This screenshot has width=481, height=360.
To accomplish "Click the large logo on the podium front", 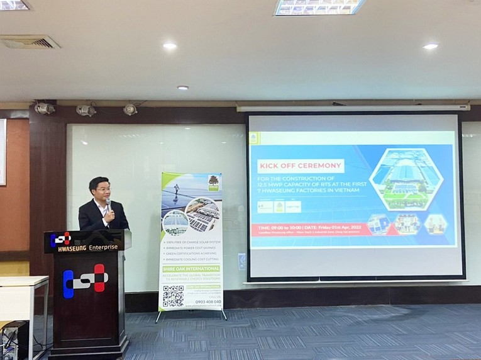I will pos(86,279).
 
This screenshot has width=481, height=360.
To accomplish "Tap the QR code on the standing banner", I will pos(173,295).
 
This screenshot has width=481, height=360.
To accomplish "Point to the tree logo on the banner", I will pos(213,181).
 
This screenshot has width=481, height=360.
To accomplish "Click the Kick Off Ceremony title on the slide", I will pos(301,166).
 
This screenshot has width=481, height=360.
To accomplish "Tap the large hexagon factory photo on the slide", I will pos(406,179).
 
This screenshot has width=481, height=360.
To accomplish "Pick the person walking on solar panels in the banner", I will pos(175,189).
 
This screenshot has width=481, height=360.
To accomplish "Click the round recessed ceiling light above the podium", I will pos(170,45).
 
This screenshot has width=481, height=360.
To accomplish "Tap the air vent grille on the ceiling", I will pos(30,42).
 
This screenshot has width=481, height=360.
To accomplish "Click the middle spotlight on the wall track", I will pos(86,110).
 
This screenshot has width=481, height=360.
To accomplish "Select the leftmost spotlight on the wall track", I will pos(45,108).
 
